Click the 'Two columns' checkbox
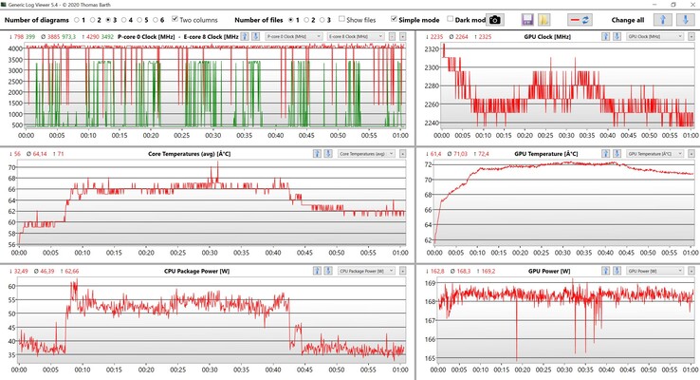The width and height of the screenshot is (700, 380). (x=175, y=19)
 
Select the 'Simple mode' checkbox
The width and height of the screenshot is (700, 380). (x=395, y=19)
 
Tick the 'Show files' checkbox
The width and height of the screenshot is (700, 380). (x=342, y=19)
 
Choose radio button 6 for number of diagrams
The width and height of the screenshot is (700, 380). (x=152, y=19)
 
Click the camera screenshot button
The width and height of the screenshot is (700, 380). (x=494, y=19)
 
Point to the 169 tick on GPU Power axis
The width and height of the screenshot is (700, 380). (x=431, y=283)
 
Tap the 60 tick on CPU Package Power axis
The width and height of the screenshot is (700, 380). (x=11, y=286)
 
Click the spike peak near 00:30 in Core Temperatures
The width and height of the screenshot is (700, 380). (x=217, y=163)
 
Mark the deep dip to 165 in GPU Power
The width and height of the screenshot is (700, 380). (x=517, y=357)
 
